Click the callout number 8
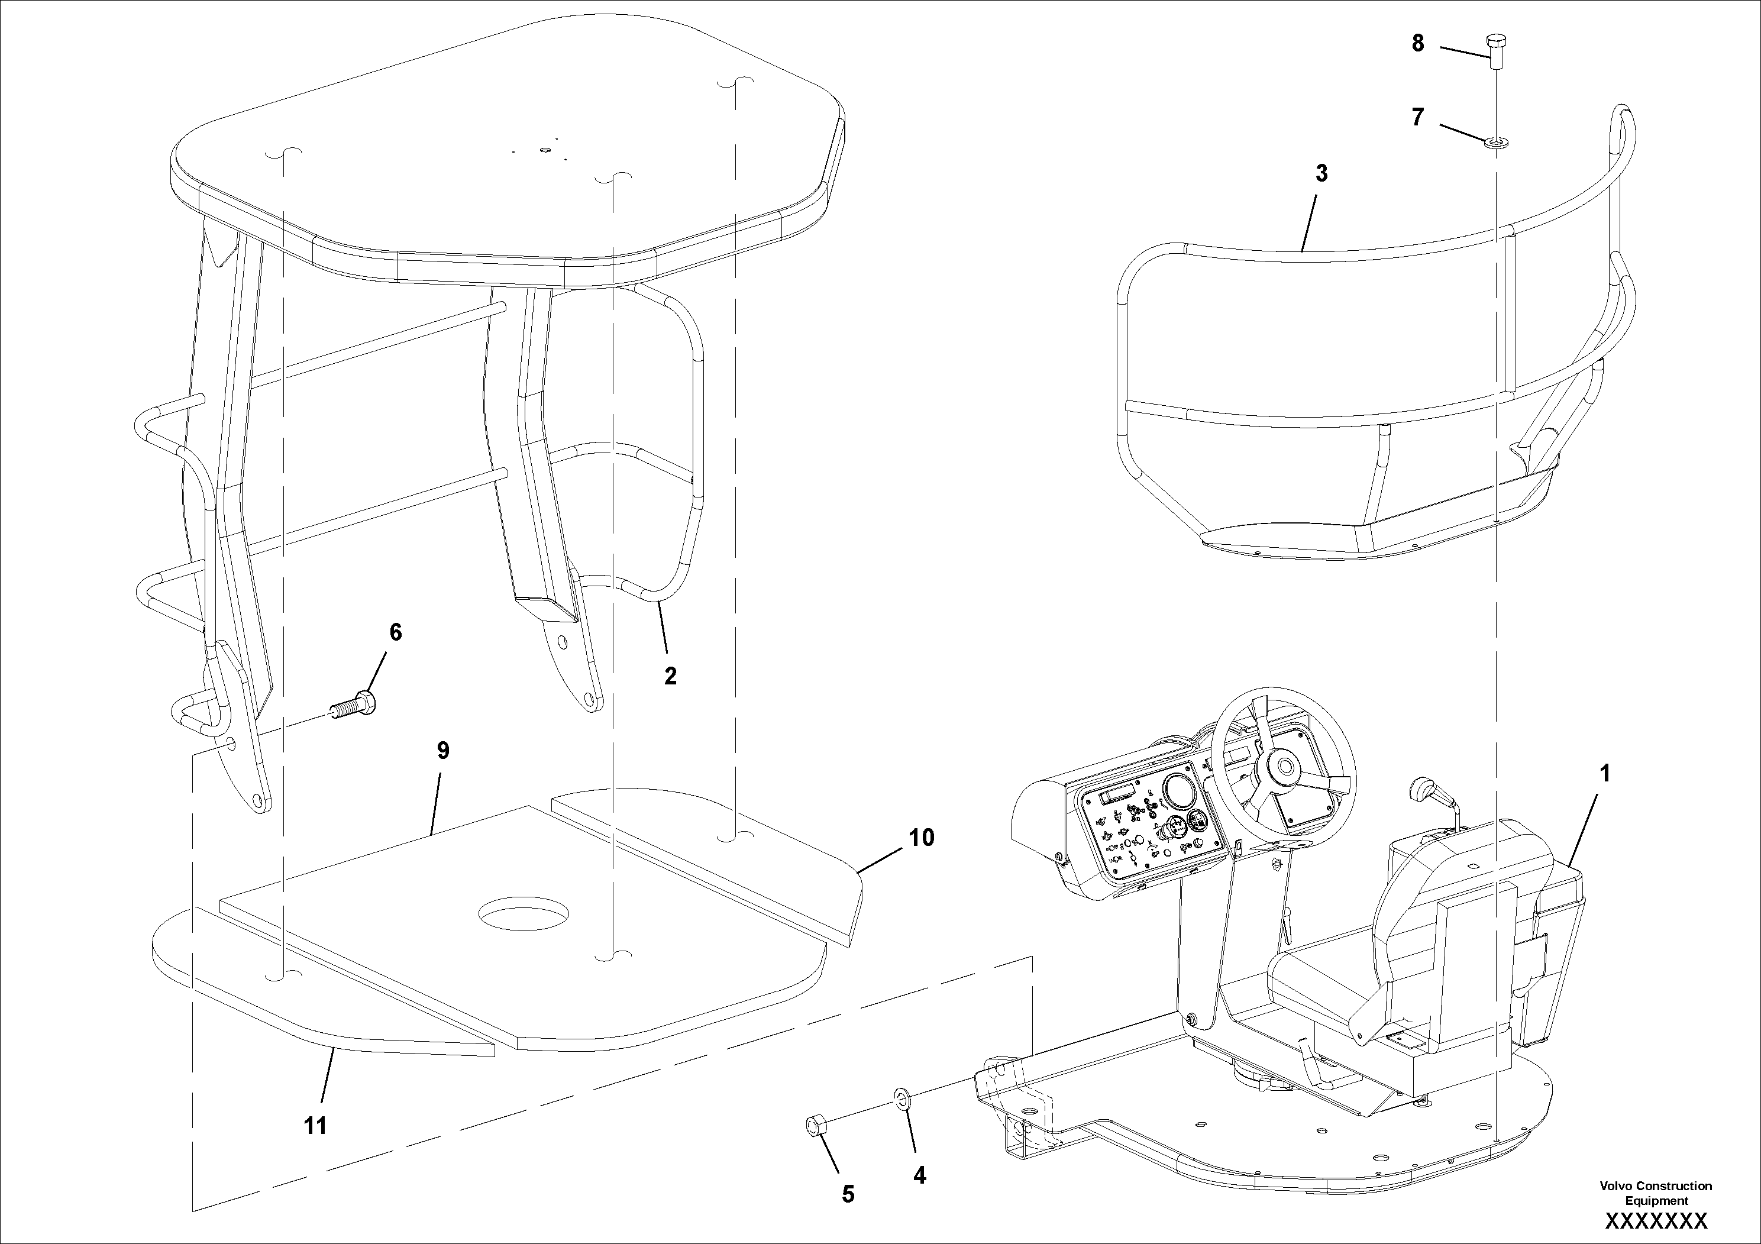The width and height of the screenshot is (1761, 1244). coord(1417,44)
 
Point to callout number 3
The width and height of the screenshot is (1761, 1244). coord(1321,174)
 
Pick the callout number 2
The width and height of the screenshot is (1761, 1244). coord(670,676)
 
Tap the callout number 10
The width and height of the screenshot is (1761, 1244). coord(921,838)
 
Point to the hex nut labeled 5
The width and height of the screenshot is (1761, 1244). coord(815,1125)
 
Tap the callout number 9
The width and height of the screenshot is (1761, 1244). coord(442,751)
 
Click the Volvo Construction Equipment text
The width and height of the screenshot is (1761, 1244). coord(1655,1193)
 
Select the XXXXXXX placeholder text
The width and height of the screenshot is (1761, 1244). coord(1656,1221)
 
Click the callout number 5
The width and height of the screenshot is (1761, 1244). coord(848,1194)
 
